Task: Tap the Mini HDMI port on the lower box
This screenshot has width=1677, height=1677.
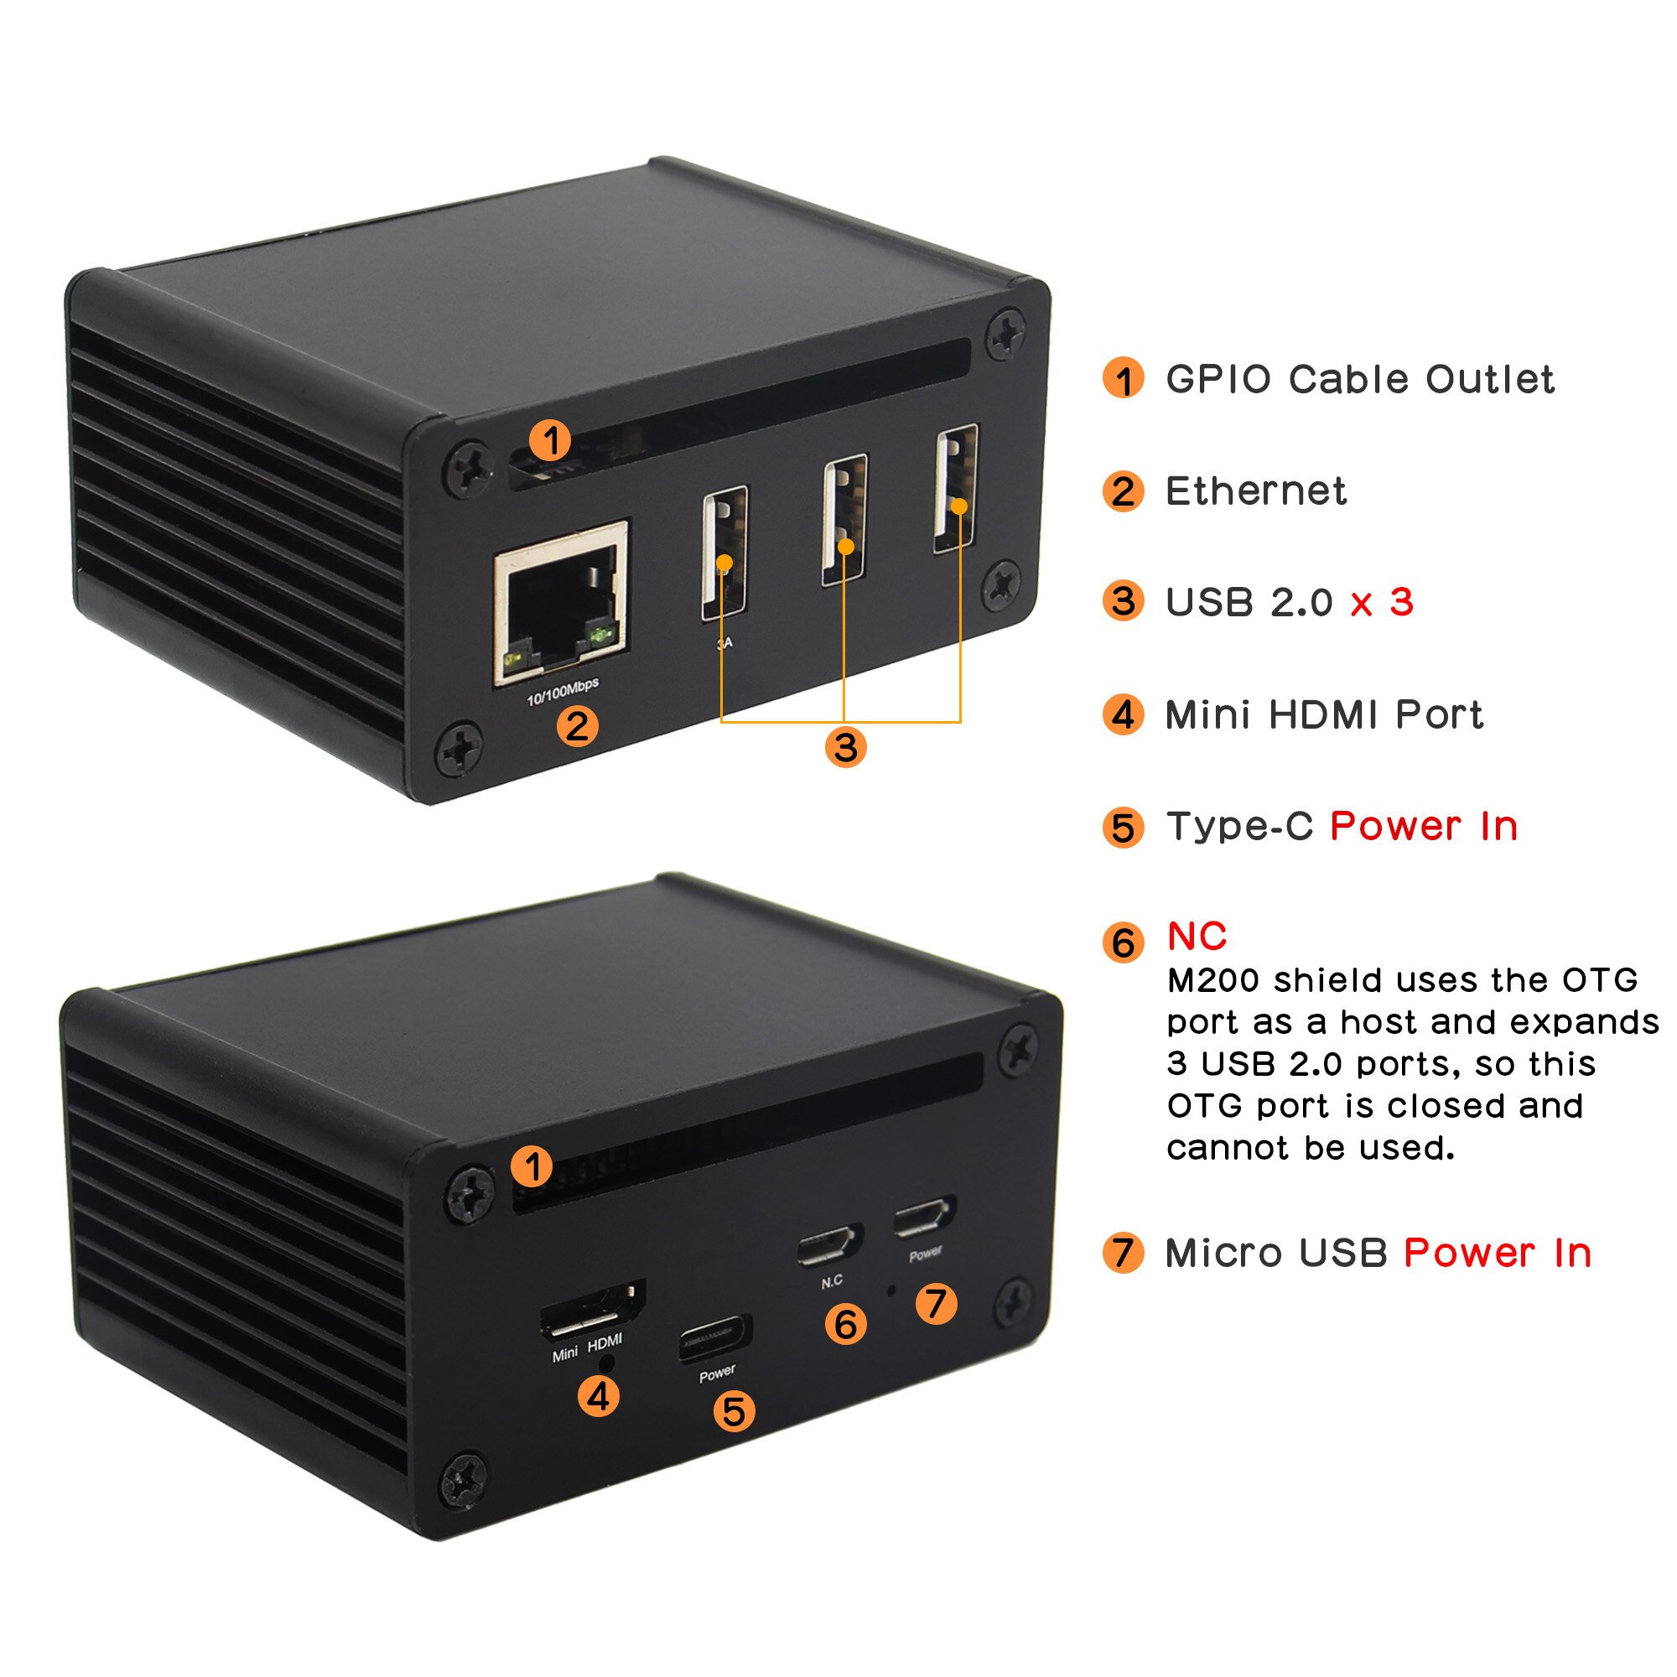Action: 592,1310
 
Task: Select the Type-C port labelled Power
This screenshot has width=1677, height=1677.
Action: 715,1338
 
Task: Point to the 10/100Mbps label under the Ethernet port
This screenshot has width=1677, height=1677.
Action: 563,691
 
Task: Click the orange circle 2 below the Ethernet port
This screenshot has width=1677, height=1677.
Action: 577,725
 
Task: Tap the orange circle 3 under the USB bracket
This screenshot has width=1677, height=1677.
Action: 845,747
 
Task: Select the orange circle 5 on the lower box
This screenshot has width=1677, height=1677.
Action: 734,1411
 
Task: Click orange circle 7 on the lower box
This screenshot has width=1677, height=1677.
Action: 936,1304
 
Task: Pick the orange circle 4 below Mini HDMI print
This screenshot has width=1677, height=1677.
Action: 599,1397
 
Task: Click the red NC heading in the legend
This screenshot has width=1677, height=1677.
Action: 1197,937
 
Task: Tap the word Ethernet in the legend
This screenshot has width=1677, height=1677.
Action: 1255,491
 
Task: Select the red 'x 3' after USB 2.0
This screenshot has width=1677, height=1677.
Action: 1382,602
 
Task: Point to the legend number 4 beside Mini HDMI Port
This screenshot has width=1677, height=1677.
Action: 1124,714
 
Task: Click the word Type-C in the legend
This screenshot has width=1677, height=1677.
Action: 1238,827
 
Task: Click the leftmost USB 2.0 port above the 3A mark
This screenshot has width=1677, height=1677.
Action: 724,552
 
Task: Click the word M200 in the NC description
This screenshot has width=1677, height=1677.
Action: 1212,981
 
